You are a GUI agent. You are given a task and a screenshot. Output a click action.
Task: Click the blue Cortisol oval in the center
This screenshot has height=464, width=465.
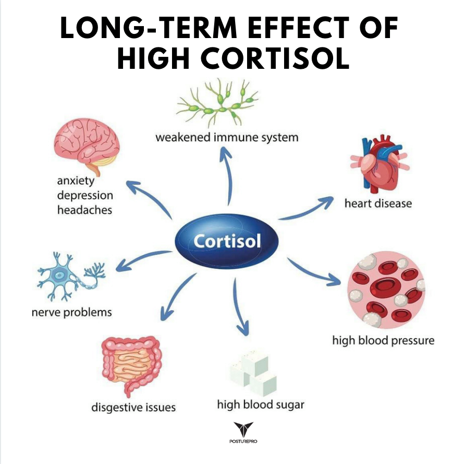pyautogui.click(x=226, y=241)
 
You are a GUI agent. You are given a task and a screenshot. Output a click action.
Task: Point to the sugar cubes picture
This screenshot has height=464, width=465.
pyautogui.click(x=252, y=373)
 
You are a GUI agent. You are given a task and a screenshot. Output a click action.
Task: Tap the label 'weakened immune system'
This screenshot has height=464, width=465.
pyautogui.click(x=227, y=138)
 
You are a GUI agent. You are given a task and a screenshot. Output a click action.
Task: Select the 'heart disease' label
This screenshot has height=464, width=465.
pyautogui.click(x=378, y=203)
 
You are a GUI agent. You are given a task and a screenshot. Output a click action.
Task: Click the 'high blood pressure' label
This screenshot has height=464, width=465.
pyautogui.click(x=383, y=340)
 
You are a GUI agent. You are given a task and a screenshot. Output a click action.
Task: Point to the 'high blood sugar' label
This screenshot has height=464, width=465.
pyautogui.click(x=261, y=404)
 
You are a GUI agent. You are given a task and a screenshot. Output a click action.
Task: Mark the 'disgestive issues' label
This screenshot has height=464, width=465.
pyautogui.click(x=133, y=407)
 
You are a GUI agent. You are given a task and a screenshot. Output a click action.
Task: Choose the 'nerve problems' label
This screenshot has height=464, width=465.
pyautogui.click(x=71, y=312)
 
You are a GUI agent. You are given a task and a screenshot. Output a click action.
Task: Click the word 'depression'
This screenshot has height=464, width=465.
pyautogui.click(x=85, y=196)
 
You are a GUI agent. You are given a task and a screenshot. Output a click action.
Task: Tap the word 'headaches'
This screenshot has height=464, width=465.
pyautogui.click(x=84, y=210)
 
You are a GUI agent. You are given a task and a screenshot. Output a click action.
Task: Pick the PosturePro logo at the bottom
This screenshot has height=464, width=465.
pyautogui.click(x=243, y=433)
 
